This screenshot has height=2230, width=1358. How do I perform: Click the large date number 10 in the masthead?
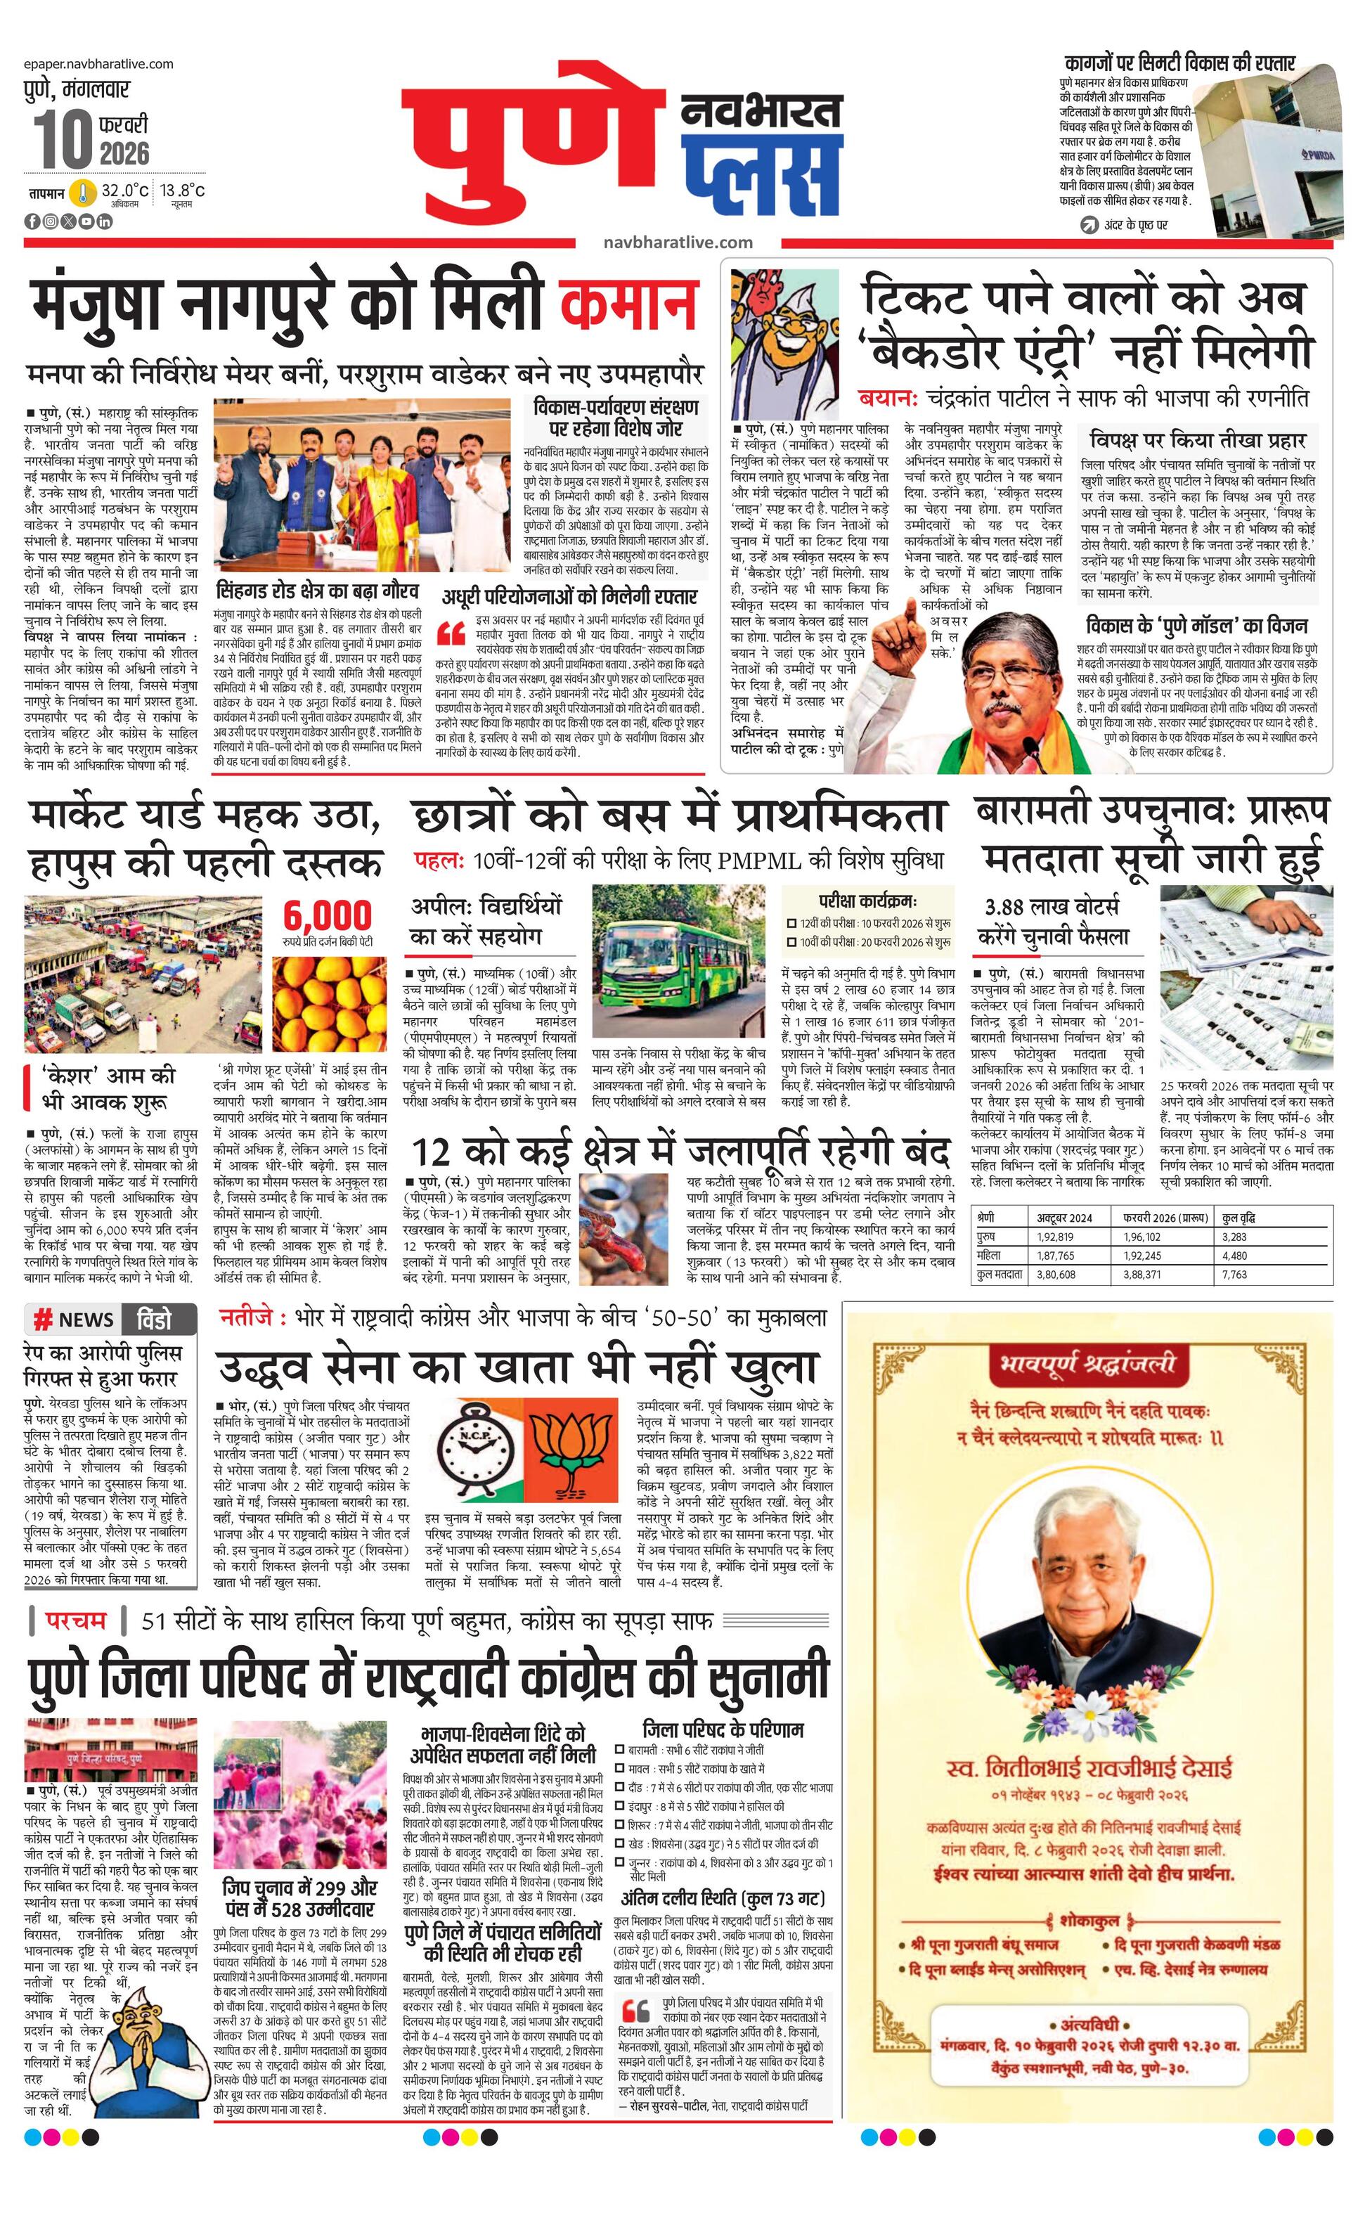pyautogui.click(x=63, y=138)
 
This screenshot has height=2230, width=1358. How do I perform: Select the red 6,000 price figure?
pyautogui.click(x=328, y=915)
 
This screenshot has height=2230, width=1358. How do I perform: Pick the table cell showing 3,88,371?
pyautogui.click(x=1142, y=1275)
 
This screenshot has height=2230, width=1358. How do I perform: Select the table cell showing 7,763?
pyautogui.click(x=1234, y=1275)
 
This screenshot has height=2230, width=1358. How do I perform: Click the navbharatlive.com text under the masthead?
pyautogui.click(x=678, y=243)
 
